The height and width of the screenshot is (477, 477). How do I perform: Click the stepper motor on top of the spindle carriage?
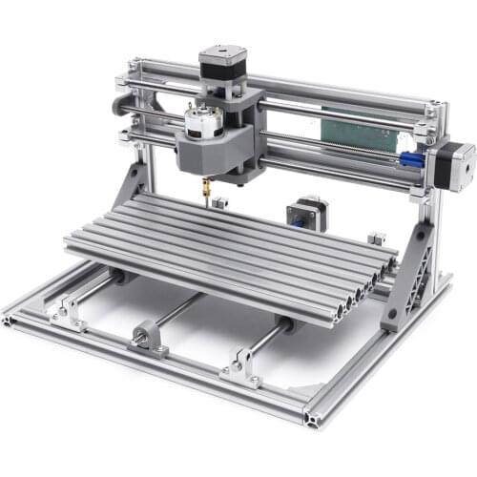220,67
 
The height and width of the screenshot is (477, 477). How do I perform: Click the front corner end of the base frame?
314,416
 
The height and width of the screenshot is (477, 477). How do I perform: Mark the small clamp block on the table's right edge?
376,238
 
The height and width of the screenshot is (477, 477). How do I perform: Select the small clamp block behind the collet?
221,204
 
